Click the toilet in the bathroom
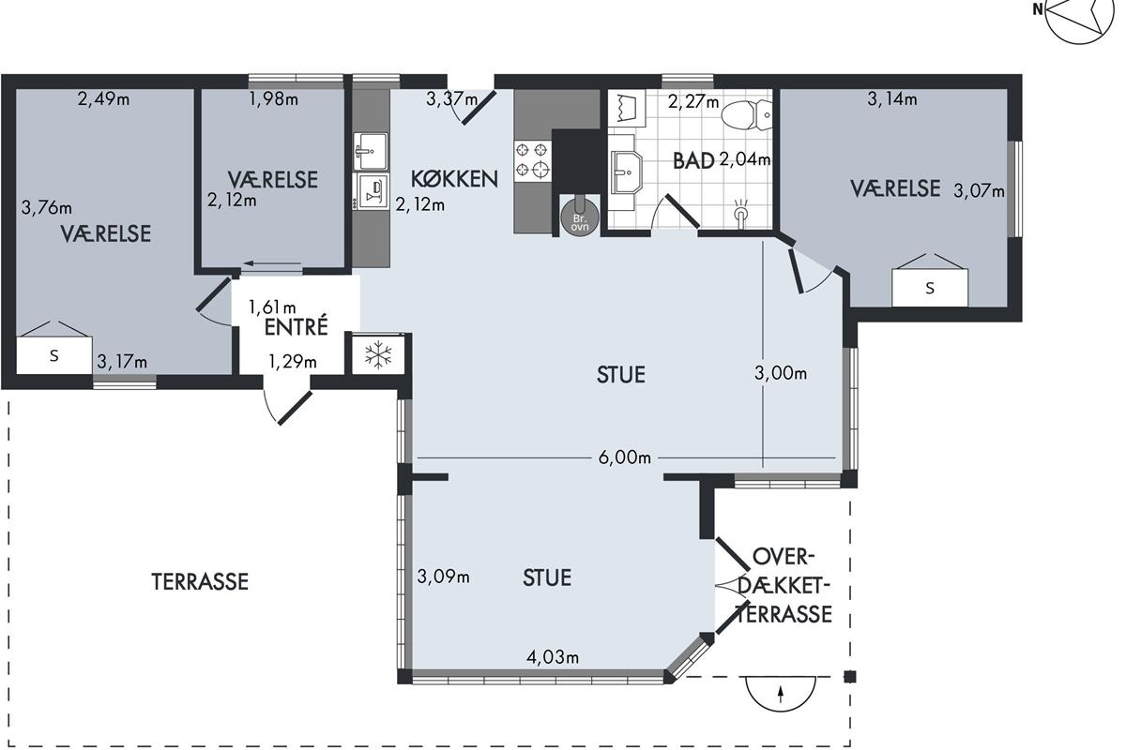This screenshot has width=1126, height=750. point(747,114)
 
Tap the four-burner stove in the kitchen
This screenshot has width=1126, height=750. point(532,159)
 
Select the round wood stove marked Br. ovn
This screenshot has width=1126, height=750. point(580,217)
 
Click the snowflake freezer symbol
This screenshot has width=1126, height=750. point(378,355)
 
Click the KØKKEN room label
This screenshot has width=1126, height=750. point(454,179)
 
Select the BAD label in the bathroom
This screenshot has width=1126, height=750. point(693,160)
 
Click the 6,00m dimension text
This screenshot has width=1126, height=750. point(625,457)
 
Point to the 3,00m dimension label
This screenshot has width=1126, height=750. point(781,373)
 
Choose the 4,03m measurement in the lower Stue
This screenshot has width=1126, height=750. point(553,656)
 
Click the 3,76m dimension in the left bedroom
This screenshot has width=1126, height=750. point(46,207)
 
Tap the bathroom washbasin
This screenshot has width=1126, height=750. point(627,172)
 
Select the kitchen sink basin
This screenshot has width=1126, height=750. point(371,151)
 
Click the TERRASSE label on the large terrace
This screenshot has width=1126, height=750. point(200,581)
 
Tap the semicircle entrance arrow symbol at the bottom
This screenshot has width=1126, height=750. point(781,693)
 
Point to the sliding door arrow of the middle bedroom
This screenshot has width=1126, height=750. point(272,263)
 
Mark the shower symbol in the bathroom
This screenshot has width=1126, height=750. point(740,214)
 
